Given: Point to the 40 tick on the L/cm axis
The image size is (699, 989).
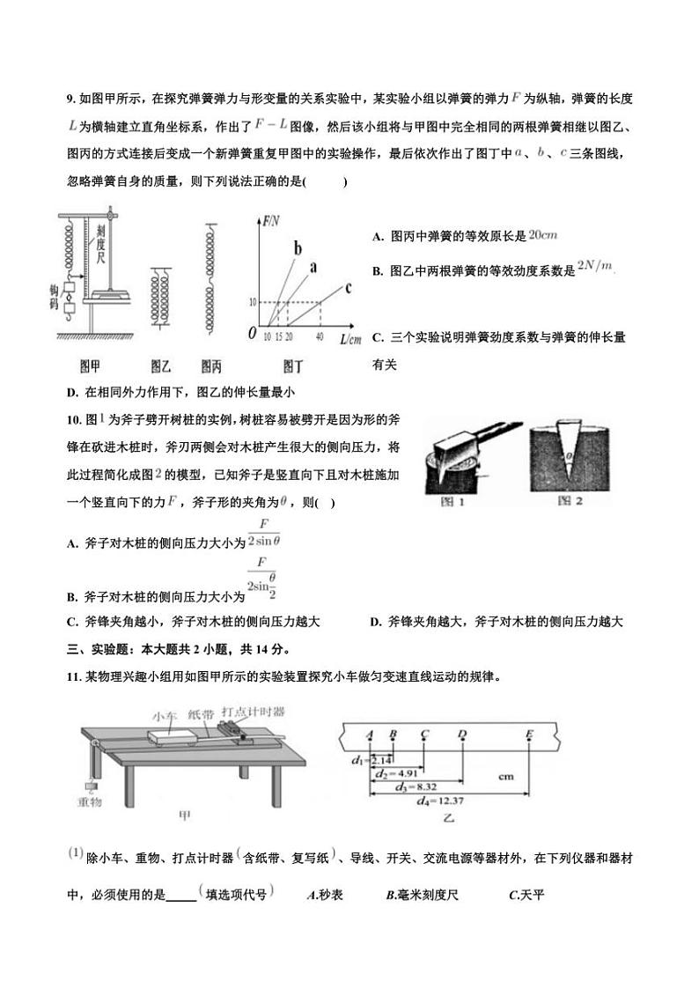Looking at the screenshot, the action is click(319, 337).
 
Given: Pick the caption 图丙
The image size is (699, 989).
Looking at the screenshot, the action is click(211, 365).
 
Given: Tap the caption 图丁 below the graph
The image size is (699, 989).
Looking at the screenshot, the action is click(294, 365).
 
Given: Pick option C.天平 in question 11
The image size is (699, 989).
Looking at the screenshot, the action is click(527, 895).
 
